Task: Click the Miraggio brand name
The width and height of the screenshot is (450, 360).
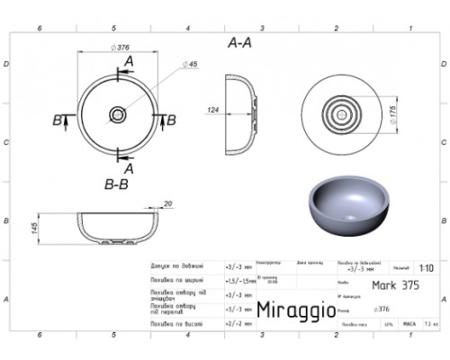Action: pos(294,310)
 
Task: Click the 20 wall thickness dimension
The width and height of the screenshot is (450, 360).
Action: pos(167,203)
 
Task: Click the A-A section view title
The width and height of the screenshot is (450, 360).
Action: pos(239,41)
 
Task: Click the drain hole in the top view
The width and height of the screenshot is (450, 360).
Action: pos(118,114)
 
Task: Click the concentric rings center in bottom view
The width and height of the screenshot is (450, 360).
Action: pos(340,115)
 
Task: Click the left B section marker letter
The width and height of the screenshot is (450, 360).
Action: pos(58,119)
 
